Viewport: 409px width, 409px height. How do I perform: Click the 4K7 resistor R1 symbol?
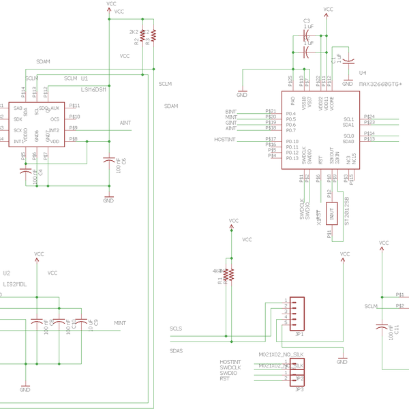point(229,274)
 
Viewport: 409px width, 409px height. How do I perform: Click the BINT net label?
point(230,111)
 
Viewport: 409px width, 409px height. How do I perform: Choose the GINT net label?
point(230,122)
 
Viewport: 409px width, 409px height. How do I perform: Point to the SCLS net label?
point(176,329)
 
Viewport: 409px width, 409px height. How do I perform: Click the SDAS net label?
point(176,350)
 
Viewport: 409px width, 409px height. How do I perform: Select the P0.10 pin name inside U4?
point(292,141)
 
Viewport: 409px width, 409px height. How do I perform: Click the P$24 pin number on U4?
point(369,117)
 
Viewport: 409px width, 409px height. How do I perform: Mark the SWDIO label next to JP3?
point(229,373)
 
